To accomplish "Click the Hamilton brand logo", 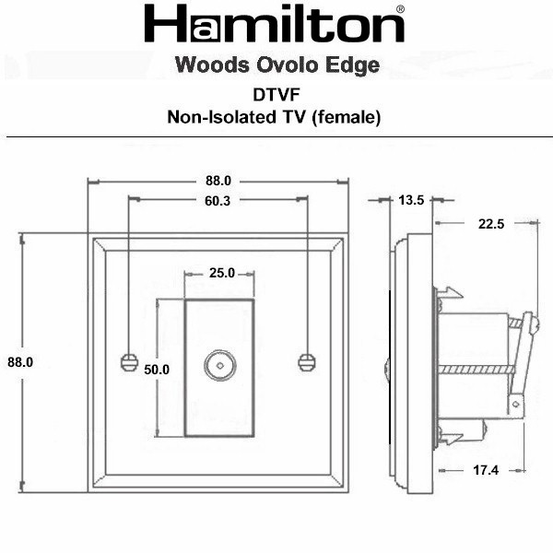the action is [x=275, y=24].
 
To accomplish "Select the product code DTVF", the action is [x=276, y=95].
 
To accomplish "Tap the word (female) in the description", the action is [x=347, y=117].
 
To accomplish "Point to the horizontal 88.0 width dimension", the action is [x=218, y=181].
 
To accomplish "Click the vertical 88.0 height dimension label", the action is [x=20, y=362].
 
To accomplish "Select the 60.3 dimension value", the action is [x=218, y=201].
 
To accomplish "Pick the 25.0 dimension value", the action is [x=222, y=273].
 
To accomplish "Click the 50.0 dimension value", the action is [x=157, y=370].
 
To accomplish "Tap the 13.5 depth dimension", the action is [x=411, y=200].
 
